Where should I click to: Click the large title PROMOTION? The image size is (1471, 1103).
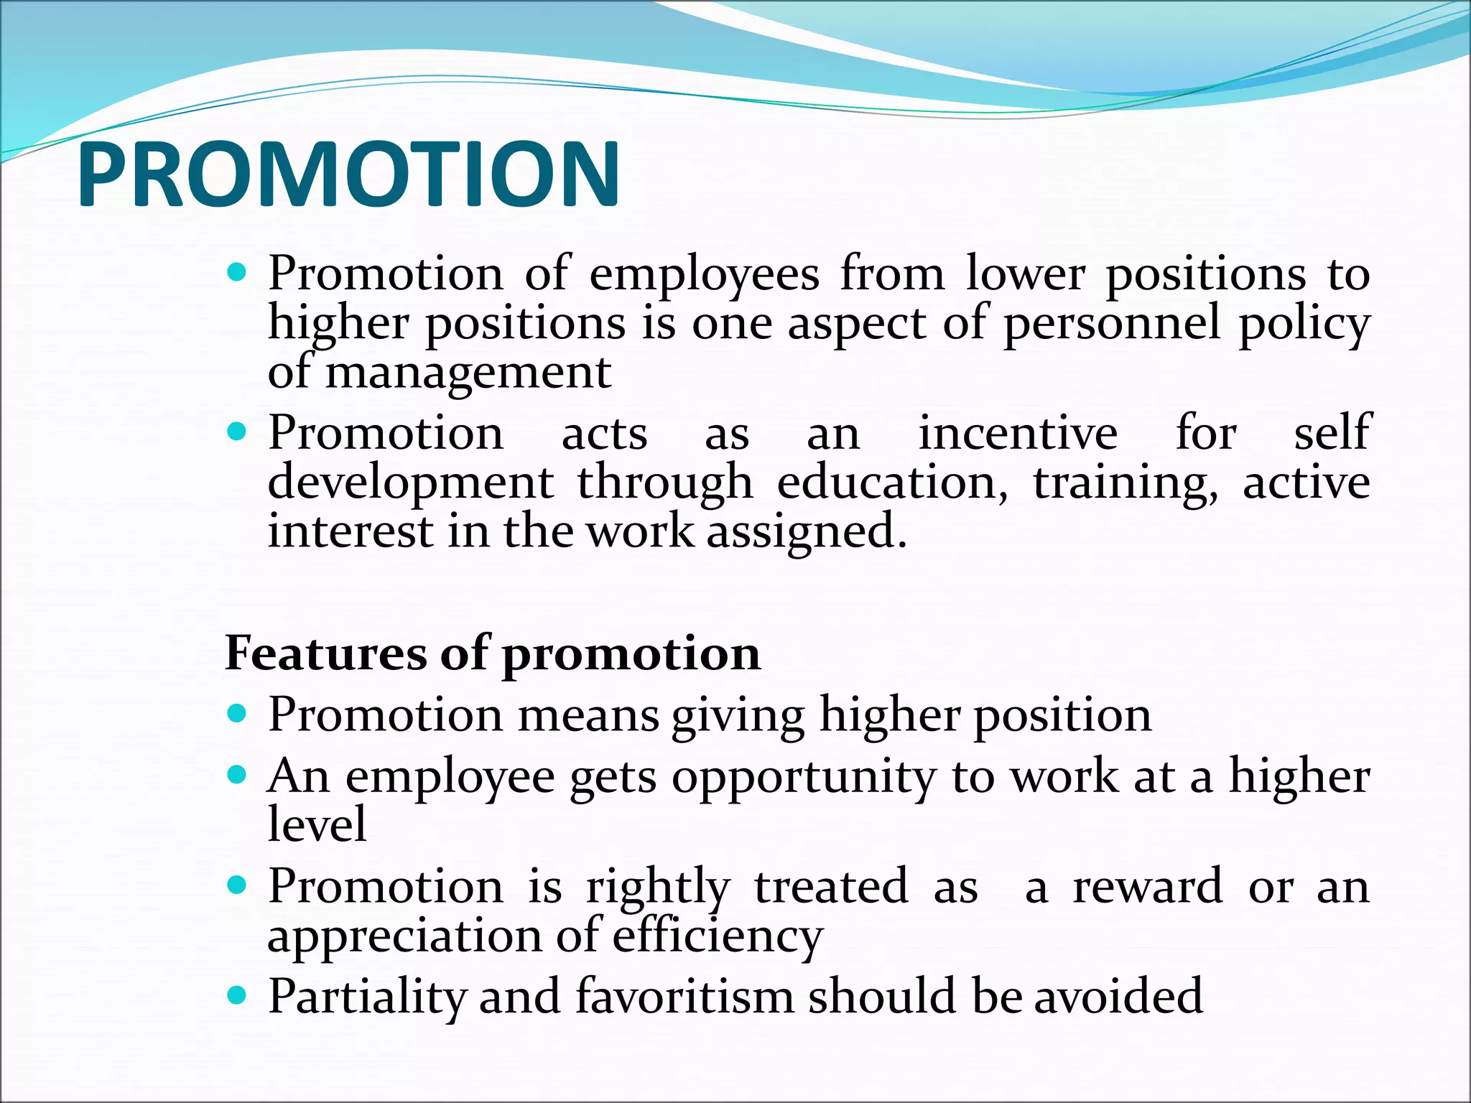click(x=348, y=174)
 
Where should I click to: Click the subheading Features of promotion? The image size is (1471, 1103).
click(x=493, y=653)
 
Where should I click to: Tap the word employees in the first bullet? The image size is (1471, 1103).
click(x=704, y=275)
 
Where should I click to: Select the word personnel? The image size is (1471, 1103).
click(x=1111, y=323)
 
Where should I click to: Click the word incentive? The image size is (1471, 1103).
click(x=1018, y=433)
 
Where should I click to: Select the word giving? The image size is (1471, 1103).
click(x=738, y=717)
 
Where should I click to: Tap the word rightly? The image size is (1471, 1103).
click(x=658, y=888)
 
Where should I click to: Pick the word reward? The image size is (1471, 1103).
click(x=1147, y=886)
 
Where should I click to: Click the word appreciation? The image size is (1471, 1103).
click(x=430, y=936)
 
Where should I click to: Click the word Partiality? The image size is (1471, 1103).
click(x=366, y=997)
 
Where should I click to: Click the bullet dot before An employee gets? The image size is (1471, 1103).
click(x=236, y=776)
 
